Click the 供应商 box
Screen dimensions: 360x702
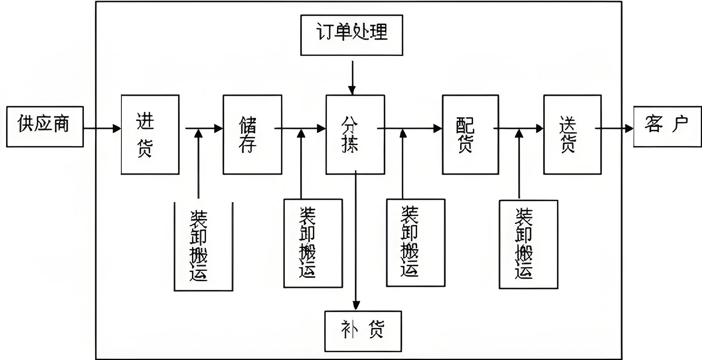click(x=45, y=127)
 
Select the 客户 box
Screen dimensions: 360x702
click(x=667, y=127)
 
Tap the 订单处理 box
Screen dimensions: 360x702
click(x=352, y=35)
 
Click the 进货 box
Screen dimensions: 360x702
click(x=150, y=135)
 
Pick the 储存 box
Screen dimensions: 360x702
click(x=252, y=135)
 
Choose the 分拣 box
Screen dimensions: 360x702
click(x=355, y=135)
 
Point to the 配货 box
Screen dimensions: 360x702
click(x=470, y=135)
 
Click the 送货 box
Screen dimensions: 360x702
click(x=572, y=135)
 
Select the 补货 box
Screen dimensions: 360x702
click(x=363, y=331)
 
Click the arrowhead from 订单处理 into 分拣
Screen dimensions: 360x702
click(x=352, y=90)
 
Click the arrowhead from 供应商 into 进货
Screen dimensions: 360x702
click(x=117, y=128)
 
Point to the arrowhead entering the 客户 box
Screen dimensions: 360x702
click(x=629, y=128)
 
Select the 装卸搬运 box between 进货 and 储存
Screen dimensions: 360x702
click(x=203, y=246)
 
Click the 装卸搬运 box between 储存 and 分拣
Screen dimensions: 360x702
click(x=313, y=243)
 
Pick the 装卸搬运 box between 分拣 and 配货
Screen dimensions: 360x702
click(x=416, y=243)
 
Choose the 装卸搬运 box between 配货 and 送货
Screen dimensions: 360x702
click(x=528, y=244)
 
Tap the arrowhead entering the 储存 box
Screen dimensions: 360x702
click(x=219, y=128)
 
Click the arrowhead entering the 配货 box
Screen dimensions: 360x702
click(x=438, y=128)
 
